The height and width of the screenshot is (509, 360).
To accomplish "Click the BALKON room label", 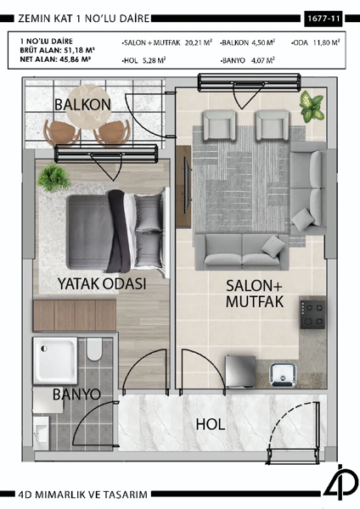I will [82, 103].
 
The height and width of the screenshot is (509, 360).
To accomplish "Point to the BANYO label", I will [76, 394].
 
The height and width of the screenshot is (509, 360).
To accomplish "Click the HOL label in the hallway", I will [212, 423].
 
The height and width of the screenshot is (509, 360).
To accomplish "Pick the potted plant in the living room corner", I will [312, 107].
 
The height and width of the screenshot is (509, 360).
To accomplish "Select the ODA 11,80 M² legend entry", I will [315, 41].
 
